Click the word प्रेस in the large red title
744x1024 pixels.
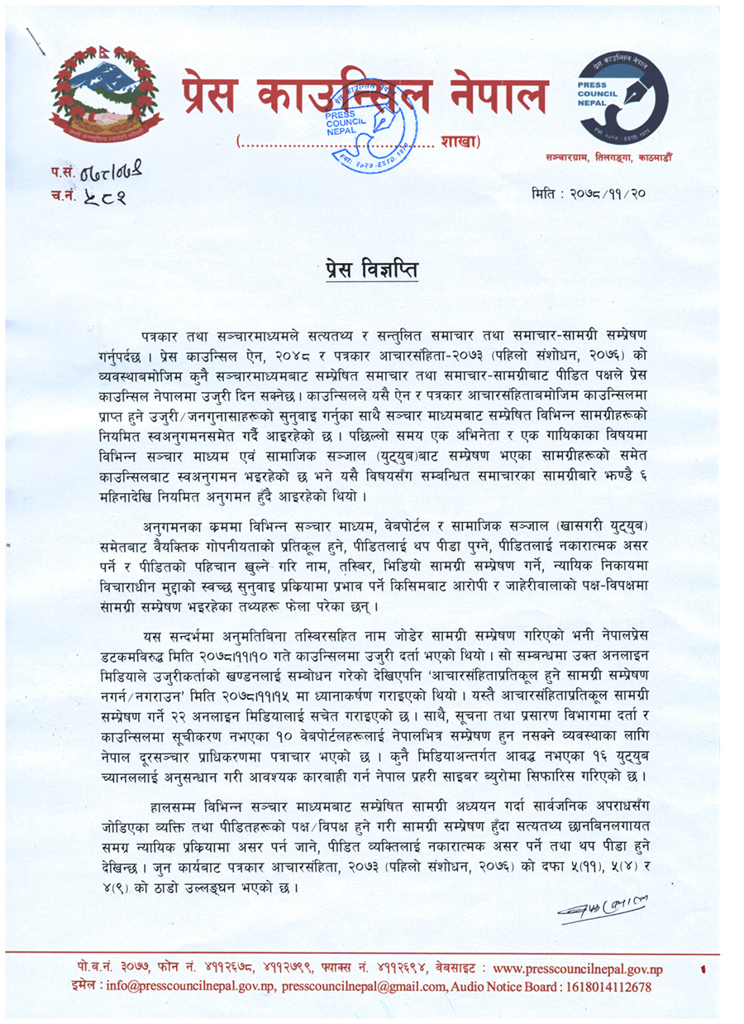tap(210, 97)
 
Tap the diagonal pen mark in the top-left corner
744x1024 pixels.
tap(36, 41)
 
